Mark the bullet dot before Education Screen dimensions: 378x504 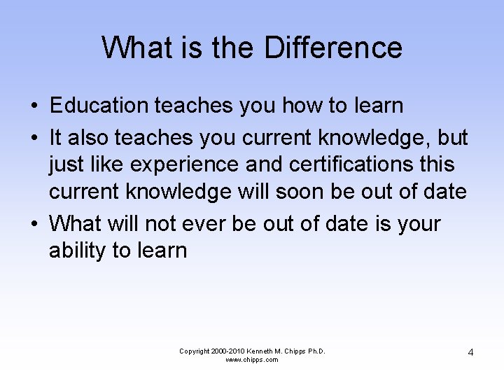pyautogui.click(x=34, y=106)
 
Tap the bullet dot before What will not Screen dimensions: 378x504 pyautogui.click(x=34, y=224)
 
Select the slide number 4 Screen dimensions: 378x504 pyautogui.click(x=470, y=352)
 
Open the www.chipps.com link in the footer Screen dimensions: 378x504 pyautogui.click(x=252, y=360)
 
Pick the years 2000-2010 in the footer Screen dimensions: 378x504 pyautogui.click(x=225, y=351)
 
